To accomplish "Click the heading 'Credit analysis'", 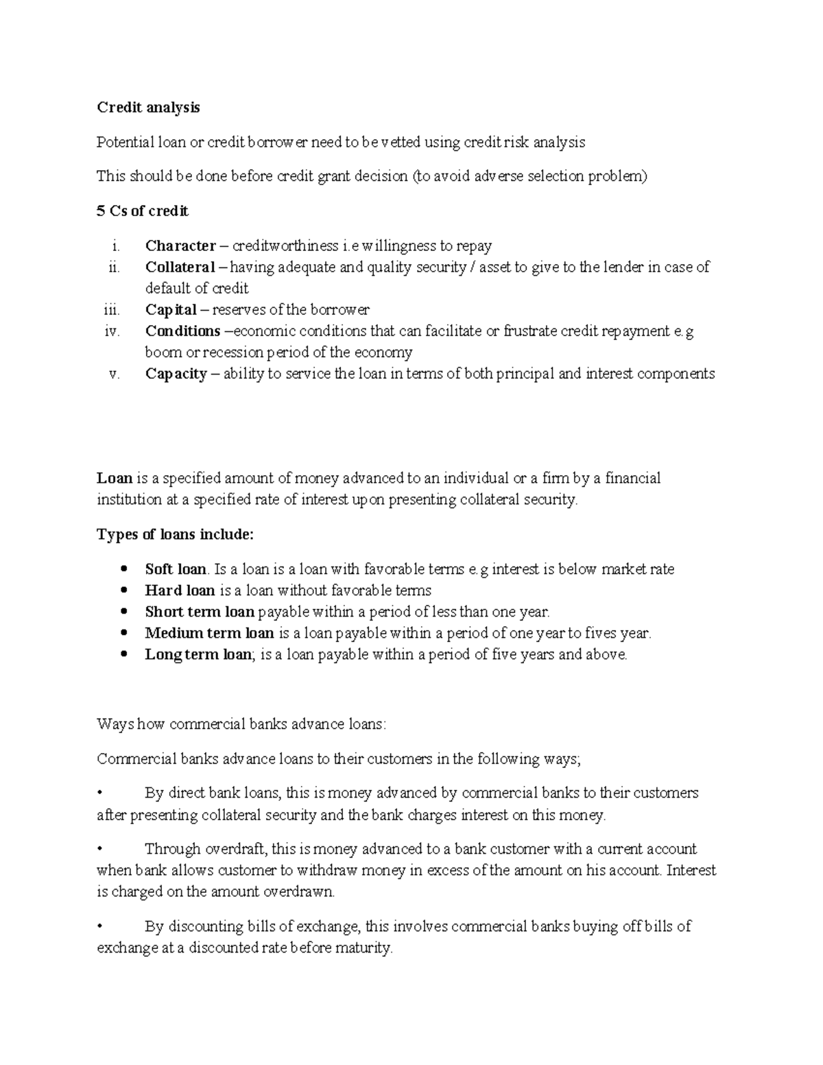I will coord(148,108).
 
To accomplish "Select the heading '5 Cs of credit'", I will coord(142,211).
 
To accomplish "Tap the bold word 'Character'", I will coord(180,246).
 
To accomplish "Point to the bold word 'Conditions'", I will coord(182,331).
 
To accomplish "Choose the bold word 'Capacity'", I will coord(176,374).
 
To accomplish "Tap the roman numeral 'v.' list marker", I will coord(114,374).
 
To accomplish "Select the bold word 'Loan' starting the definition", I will coord(115,478).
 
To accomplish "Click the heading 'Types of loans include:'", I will coord(175,534).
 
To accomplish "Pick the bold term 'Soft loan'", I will coord(176,569).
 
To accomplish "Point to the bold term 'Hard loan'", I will coord(180,590).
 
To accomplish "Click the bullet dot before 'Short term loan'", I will coord(123,612).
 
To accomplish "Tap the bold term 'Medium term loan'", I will coord(209,633).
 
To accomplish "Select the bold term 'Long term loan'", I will coord(198,654).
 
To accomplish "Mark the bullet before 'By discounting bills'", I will coord(100,926).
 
